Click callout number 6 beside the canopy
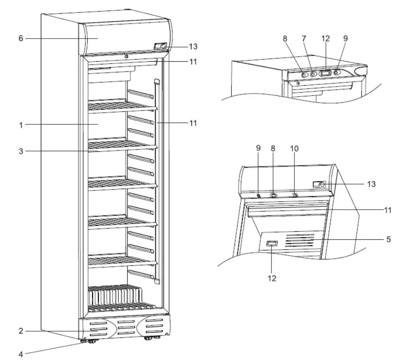coord(20,39)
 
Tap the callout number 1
coord(20,125)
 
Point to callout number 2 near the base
coord(20,331)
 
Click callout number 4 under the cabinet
coord(20,354)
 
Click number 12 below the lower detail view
coord(272,278)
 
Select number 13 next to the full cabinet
coord(193,46)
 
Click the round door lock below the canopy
coord(127,56)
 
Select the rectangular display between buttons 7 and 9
coord(326,73)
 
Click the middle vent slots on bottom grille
coord(124,328)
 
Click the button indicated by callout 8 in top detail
coord(304,75)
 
